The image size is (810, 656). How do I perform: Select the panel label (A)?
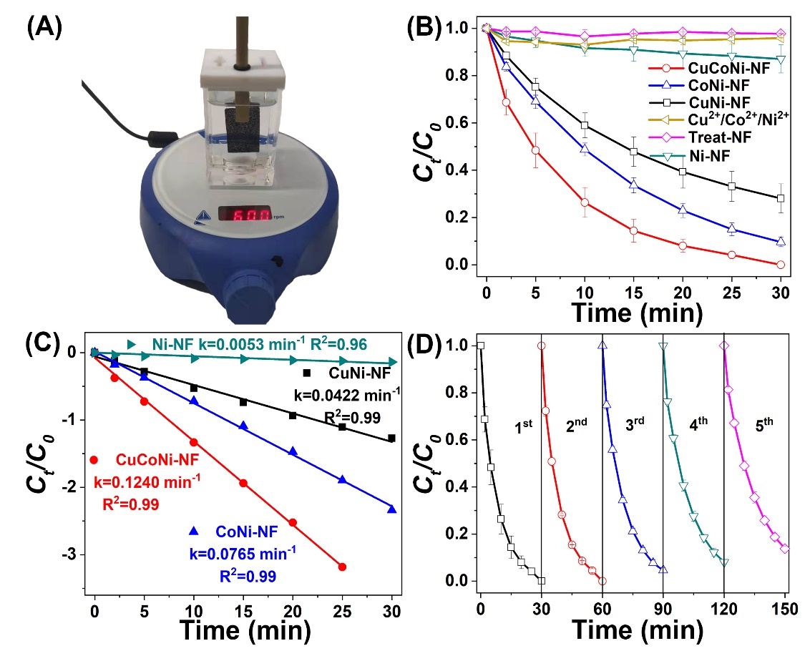[x=44, y=31]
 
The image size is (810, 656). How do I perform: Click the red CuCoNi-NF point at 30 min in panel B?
[x=780, y=265]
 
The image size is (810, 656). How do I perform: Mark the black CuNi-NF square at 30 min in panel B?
[x=780, y=198]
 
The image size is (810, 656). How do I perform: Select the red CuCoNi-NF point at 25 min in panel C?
[x=342, y=567]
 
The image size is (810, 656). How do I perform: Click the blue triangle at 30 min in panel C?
[x=391, y=509]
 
